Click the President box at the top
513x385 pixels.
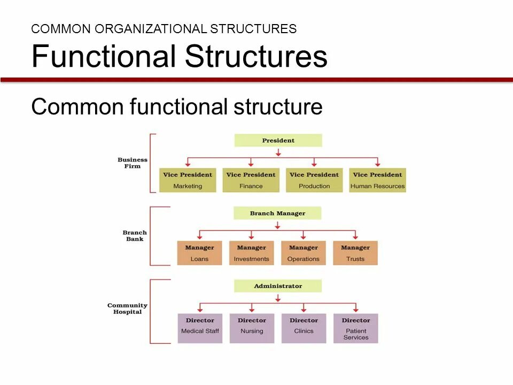click(278, 141)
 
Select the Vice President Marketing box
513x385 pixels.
click(188, 180)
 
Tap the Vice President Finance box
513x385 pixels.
click(251, 180)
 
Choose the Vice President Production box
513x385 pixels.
click(314, 180)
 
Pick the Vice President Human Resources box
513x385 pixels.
click(377, 180)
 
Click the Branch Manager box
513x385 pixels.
click(277, 213)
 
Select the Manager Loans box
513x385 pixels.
click(199, 253)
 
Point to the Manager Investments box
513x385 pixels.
click(251, 253)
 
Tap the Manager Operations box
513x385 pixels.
click(303, 253)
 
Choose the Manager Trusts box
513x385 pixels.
click(355, 253)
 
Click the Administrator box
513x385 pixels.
click(278, 286)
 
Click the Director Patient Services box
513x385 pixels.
click(356, 328)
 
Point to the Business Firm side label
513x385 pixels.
click(133, 163)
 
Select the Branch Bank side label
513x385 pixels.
click(135, 236)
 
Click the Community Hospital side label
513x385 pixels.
click(127, 309)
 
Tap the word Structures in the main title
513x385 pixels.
click(256, 57)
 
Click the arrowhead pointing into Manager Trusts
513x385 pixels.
click(355, 236)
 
